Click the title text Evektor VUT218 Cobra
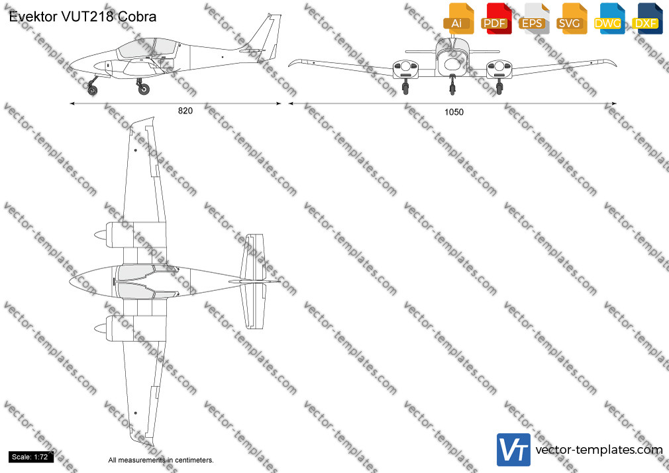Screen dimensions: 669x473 (x=82, y=17)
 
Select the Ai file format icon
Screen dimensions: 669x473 (x=458, y=19)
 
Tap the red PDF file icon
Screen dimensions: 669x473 (x=496, y=19)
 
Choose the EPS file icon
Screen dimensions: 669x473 (x=534, y=19)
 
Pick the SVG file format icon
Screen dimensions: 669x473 (x=571, y=19)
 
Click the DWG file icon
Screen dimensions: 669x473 (x=609, y=19)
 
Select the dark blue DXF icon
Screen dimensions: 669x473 (x=647, y=19)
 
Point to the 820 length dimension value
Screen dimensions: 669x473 (x=185, y=111)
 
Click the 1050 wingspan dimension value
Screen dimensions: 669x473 (x=454, y=112)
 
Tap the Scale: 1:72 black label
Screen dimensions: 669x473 (x=30, y=457)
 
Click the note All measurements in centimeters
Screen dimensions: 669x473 (x=161, y=460)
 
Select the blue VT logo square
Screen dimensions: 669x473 (x=514, y=450)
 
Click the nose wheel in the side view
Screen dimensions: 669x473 (x=92, y=89)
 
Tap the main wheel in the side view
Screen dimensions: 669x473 (x=144, y=89)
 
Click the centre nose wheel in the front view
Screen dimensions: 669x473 (x=452, y=89)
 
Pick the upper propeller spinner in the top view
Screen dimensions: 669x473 (x=101, y=235)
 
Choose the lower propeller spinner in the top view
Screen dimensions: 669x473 (x=101, y=329)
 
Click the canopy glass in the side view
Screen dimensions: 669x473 (x=148, y=48)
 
